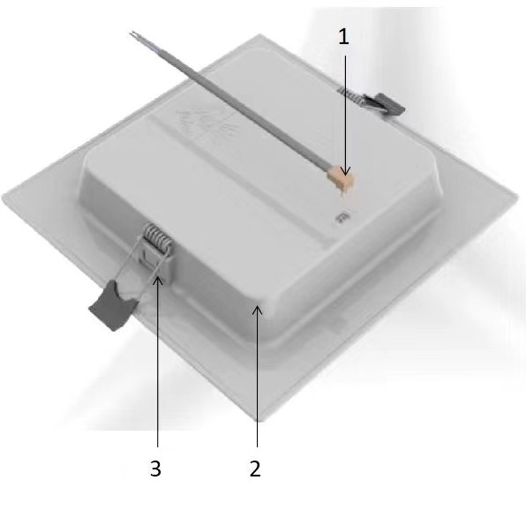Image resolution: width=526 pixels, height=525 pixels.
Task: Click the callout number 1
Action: [x=343, y=36]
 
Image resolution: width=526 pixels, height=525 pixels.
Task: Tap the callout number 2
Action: [x=255, y=469]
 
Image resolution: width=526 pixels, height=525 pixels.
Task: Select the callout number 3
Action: [x=155, y=469]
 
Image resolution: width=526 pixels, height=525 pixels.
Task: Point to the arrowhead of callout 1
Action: [x=346, y=170]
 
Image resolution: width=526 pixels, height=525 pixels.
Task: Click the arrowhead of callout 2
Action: [x=257, y=311]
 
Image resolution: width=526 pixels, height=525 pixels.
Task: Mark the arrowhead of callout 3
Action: [x=158, y=281]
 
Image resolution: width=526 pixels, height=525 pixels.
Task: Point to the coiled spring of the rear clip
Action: [x=349, y=95]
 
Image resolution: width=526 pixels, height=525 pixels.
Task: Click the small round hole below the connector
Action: [x=342, y=217]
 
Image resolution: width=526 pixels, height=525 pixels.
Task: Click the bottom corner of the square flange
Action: [x=259, y=420]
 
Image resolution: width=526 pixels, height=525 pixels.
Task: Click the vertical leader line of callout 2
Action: [x=257, y=377]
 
